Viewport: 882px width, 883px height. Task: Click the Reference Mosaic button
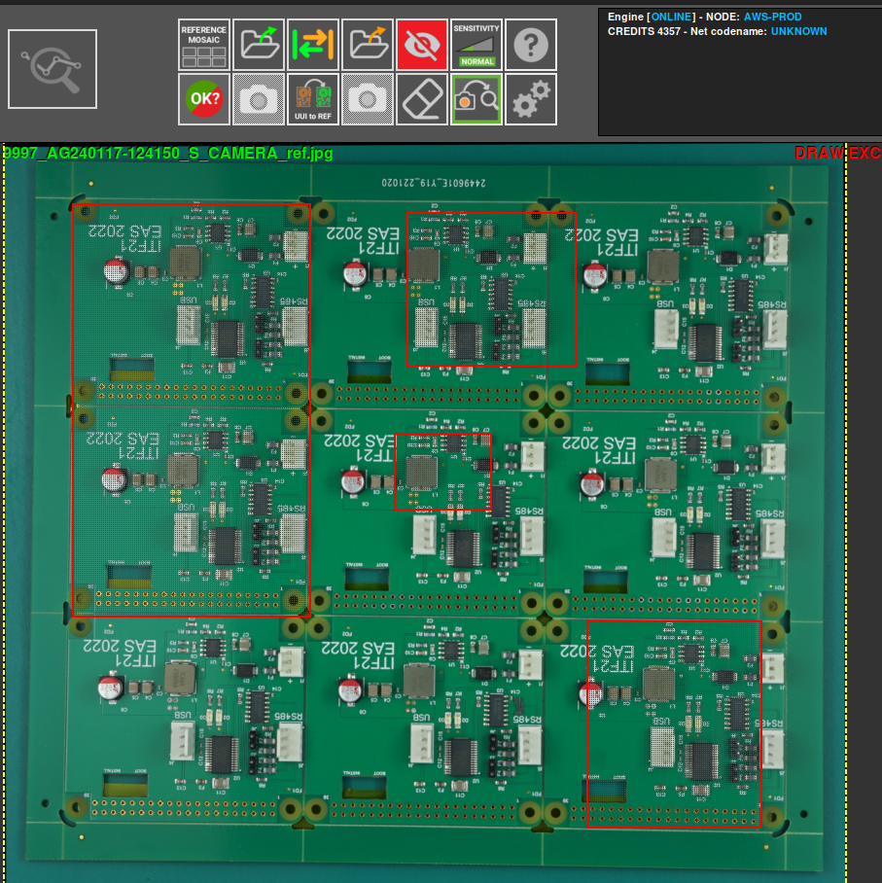point(203,45)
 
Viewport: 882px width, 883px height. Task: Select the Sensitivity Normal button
point(476,45)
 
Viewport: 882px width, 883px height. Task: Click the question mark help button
point(531,45)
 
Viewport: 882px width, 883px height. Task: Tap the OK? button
point(203,99)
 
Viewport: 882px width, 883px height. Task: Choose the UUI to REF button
point(313,99)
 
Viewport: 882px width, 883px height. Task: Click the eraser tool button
point(422,99)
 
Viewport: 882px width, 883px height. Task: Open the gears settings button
point(531,99)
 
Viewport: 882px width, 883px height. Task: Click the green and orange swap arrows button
point(313,45)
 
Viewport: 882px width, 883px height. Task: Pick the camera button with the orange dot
point(368,99)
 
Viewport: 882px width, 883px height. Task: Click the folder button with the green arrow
point(259,45)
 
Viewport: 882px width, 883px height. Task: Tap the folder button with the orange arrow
point(368,45)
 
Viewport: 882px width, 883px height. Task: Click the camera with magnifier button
point(476,99)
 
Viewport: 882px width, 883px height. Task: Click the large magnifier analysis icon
point(53,68)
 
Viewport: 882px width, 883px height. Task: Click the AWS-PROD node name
point(773,18)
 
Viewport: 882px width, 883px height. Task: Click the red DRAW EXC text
point(836,154)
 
